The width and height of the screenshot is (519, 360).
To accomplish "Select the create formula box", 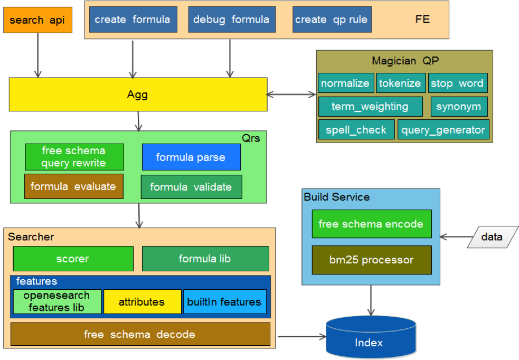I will [x=133, y=20].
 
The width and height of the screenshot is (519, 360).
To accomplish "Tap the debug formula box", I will [x=231, y=20].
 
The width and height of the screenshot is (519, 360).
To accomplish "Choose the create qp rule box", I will [x=331, y=20].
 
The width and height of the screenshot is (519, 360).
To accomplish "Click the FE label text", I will [x=422, y=20].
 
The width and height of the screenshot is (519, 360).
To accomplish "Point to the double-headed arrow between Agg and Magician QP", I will [x=291, y=95].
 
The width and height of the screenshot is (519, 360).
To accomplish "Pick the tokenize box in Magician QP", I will [x=400, y=83].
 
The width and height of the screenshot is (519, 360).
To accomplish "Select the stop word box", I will [x=457, y=83].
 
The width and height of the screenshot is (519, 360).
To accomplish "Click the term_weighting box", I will [x=370, y=106].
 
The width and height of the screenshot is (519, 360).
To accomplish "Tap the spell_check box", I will [x=356, y=130].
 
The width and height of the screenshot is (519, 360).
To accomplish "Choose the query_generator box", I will [x=443, y=130].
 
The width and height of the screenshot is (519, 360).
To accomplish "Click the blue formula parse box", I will [x=191, y=157].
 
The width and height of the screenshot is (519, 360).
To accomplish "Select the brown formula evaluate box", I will [x=73, y=186].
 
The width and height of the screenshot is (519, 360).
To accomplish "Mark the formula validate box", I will [x=191, y=187].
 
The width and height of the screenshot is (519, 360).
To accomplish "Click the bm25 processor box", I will [x=371, y=260].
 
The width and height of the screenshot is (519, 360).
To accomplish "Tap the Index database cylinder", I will [x=369, y=338].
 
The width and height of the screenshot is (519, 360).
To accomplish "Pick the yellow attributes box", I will [x=141, y=302].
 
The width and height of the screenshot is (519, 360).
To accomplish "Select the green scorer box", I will [x=73, y=259].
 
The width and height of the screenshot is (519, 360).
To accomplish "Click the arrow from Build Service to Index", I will [x=371, y=300].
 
